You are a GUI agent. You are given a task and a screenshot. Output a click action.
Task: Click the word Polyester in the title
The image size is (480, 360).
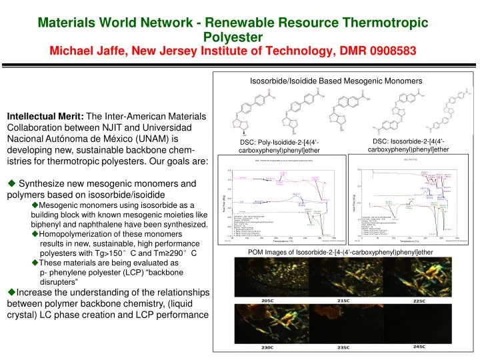click(x=233, y=37)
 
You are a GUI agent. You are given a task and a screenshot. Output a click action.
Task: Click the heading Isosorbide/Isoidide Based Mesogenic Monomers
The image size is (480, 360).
click(x=335, y=81)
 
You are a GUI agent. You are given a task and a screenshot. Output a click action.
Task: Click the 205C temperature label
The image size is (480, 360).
click(x=267, y=301)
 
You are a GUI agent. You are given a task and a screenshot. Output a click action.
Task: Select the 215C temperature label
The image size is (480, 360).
click(x=345, y=301)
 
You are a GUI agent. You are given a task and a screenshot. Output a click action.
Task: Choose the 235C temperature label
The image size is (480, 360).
click(x=345, y=347)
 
